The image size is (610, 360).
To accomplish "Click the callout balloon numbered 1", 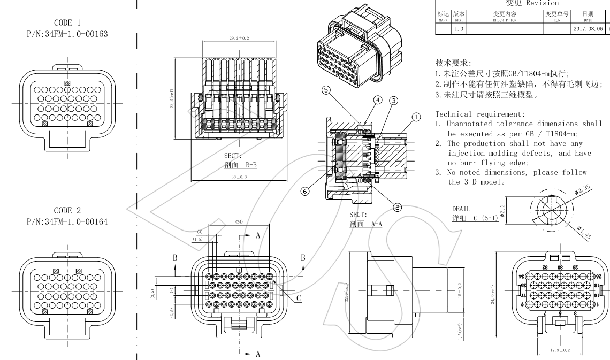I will pos(416,116).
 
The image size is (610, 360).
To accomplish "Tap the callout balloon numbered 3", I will pos(394,100).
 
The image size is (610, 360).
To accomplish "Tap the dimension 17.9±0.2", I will pos(560,350).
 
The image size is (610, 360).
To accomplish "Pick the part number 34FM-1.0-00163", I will pos(67,34).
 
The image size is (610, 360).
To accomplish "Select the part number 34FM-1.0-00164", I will pos(67,222).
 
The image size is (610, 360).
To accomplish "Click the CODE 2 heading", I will pos(67,211).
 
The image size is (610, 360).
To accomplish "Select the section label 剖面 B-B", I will pos(240,165).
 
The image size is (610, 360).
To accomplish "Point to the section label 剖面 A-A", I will pos(365,224).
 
